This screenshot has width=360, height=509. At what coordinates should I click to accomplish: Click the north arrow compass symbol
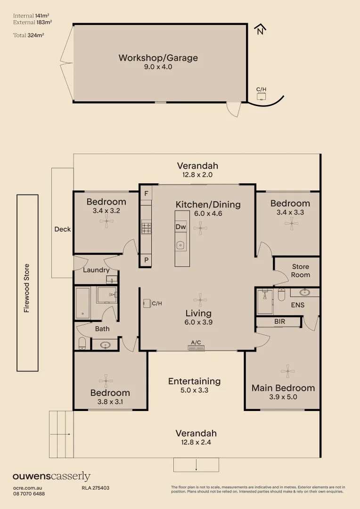260,29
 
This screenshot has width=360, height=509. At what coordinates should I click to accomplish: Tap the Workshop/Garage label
158,58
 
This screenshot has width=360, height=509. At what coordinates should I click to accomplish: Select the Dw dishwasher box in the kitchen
181,227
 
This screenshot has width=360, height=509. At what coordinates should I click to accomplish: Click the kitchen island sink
180,246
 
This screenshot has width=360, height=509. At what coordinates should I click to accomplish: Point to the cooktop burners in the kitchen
146,227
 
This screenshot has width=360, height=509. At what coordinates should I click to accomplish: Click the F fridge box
146,194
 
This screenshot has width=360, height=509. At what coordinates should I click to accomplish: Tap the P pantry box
146,260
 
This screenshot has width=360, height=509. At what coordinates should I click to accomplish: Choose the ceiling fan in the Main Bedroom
287,371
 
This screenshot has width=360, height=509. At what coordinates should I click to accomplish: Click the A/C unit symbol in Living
196,348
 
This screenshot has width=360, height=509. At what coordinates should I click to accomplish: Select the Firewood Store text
26,288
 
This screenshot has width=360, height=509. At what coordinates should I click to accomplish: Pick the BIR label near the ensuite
279,321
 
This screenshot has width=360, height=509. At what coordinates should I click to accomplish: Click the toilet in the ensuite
281,295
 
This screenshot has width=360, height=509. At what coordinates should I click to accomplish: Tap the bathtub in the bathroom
83,303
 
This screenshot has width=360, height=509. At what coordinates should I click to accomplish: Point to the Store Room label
300,271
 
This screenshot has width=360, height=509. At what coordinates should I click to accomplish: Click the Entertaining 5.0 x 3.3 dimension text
194,390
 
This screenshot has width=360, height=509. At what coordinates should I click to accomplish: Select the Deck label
62,229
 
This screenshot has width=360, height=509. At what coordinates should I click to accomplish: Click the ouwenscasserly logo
51,476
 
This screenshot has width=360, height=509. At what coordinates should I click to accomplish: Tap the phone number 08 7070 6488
29,494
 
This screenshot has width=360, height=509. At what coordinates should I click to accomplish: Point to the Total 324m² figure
29,35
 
